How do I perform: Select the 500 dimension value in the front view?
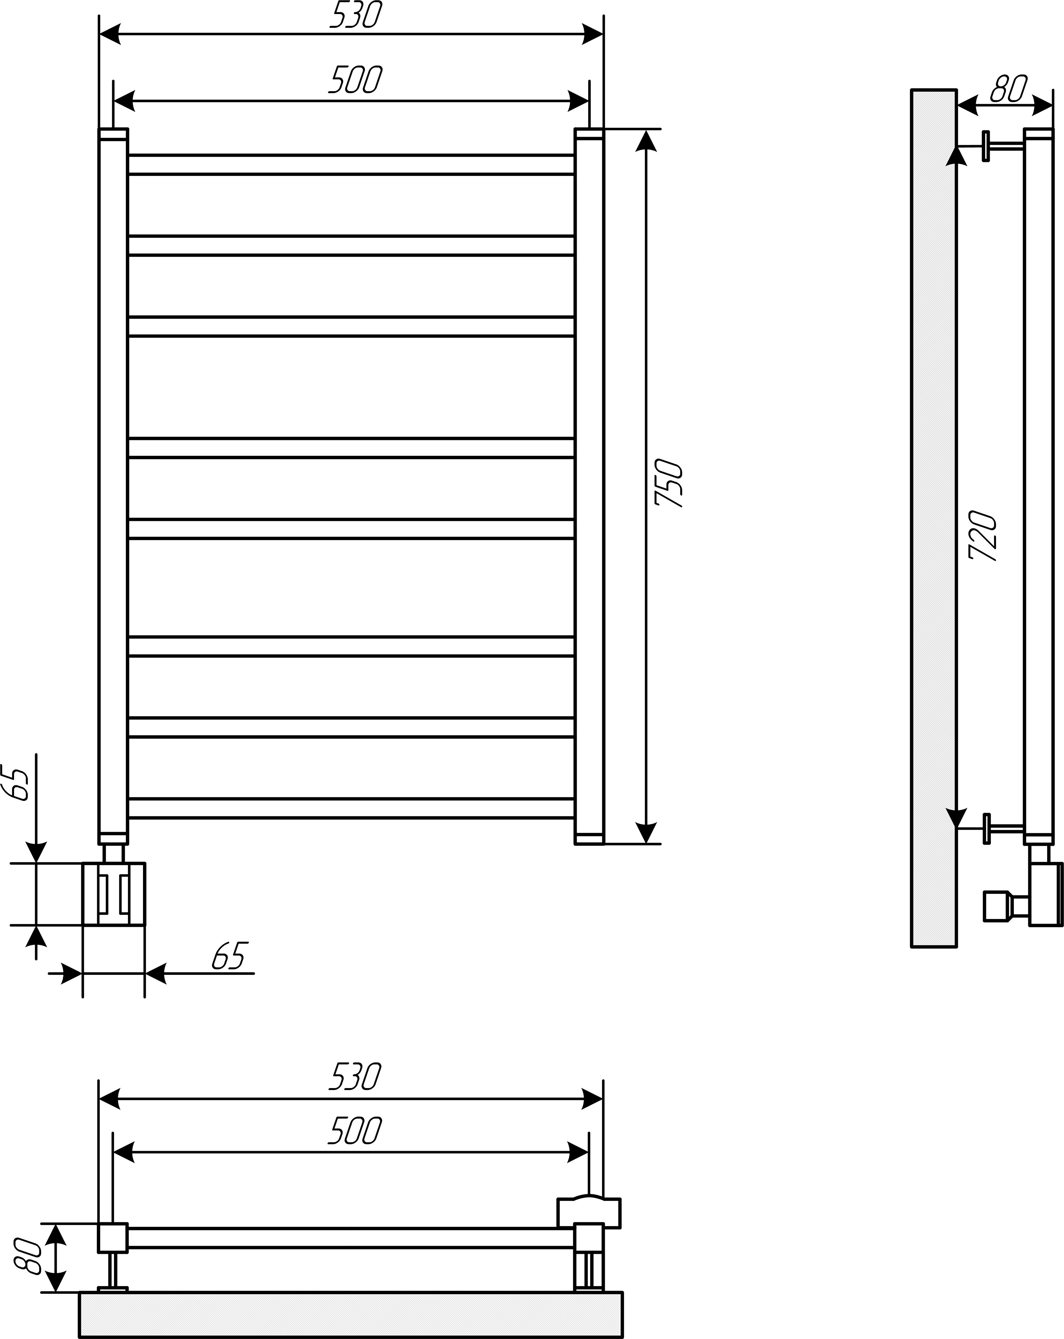355,80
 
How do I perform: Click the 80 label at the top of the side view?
1009,88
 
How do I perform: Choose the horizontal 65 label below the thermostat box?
230,955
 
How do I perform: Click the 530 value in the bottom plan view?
354,1077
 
